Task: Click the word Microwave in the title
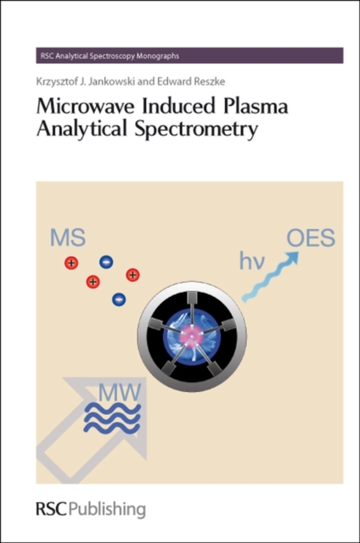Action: click(85, 106)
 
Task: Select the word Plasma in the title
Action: click(256, 106)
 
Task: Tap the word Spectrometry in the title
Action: click(196, 130)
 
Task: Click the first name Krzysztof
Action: click(55, 81)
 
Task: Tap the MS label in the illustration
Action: click(68, 238)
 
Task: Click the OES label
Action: click(311, 238)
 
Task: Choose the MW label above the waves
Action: click(120, 392)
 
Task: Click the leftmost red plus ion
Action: click(71, 263)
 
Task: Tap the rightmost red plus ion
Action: click(132, 275)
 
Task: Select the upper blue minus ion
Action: click(106, 262)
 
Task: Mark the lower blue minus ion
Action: click(119, 299)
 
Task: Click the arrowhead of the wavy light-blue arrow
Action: click(292, 258)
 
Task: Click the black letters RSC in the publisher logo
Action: click(51, 509)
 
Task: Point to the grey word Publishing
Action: click(107, 511)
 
